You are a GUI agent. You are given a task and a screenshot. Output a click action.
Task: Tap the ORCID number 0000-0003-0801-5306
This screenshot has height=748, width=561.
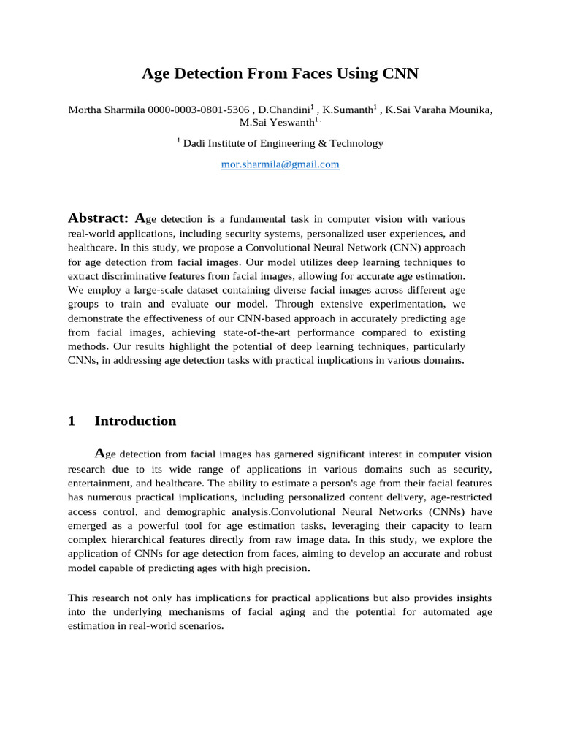[x=198, y=110]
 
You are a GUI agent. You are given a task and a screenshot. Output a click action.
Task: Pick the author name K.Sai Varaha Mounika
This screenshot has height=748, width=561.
[x=438, y=110]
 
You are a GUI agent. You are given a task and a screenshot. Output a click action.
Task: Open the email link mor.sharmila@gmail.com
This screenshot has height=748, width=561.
[x=280, y=164]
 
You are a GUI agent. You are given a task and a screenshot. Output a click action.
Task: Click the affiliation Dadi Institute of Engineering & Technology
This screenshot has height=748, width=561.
[x=283, y=143]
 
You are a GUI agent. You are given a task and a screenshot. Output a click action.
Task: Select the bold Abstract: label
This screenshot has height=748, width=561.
[x=98, y=218]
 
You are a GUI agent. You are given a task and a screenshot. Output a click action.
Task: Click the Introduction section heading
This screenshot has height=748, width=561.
[x=135, y=421]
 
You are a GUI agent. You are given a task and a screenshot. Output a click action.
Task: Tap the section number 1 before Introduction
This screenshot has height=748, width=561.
[x=72, y=421]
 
